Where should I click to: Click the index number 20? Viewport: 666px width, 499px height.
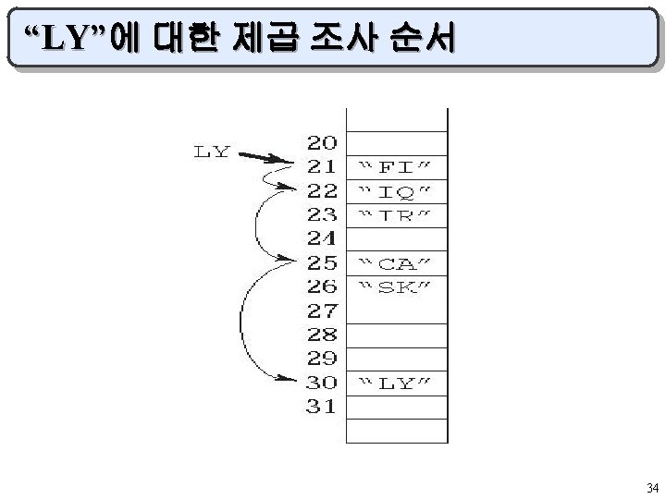click(x=322, y=143)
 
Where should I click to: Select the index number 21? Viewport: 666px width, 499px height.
click(x=322, y=167)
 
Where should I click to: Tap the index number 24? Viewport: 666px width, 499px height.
click(x=322, y=237)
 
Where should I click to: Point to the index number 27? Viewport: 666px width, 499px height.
click(x=322, y=310)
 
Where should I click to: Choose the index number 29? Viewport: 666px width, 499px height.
click(x=322, y=358)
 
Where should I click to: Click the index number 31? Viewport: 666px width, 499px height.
click(x=322, y=406)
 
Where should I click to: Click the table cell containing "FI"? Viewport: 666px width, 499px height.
click(x=397, y=167)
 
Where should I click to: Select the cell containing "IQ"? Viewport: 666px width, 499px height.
click(x=397, y=191)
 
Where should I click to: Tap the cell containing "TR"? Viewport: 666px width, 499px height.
click(x=397, y=215)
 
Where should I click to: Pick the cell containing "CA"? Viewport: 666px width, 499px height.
click(x=397, y=262)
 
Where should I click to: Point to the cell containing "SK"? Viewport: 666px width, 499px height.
click(x=397, y=286)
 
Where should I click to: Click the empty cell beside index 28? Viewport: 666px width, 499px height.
click(x=397, y=334)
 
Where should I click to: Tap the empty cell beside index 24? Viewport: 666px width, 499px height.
click(x=397, y=238)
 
